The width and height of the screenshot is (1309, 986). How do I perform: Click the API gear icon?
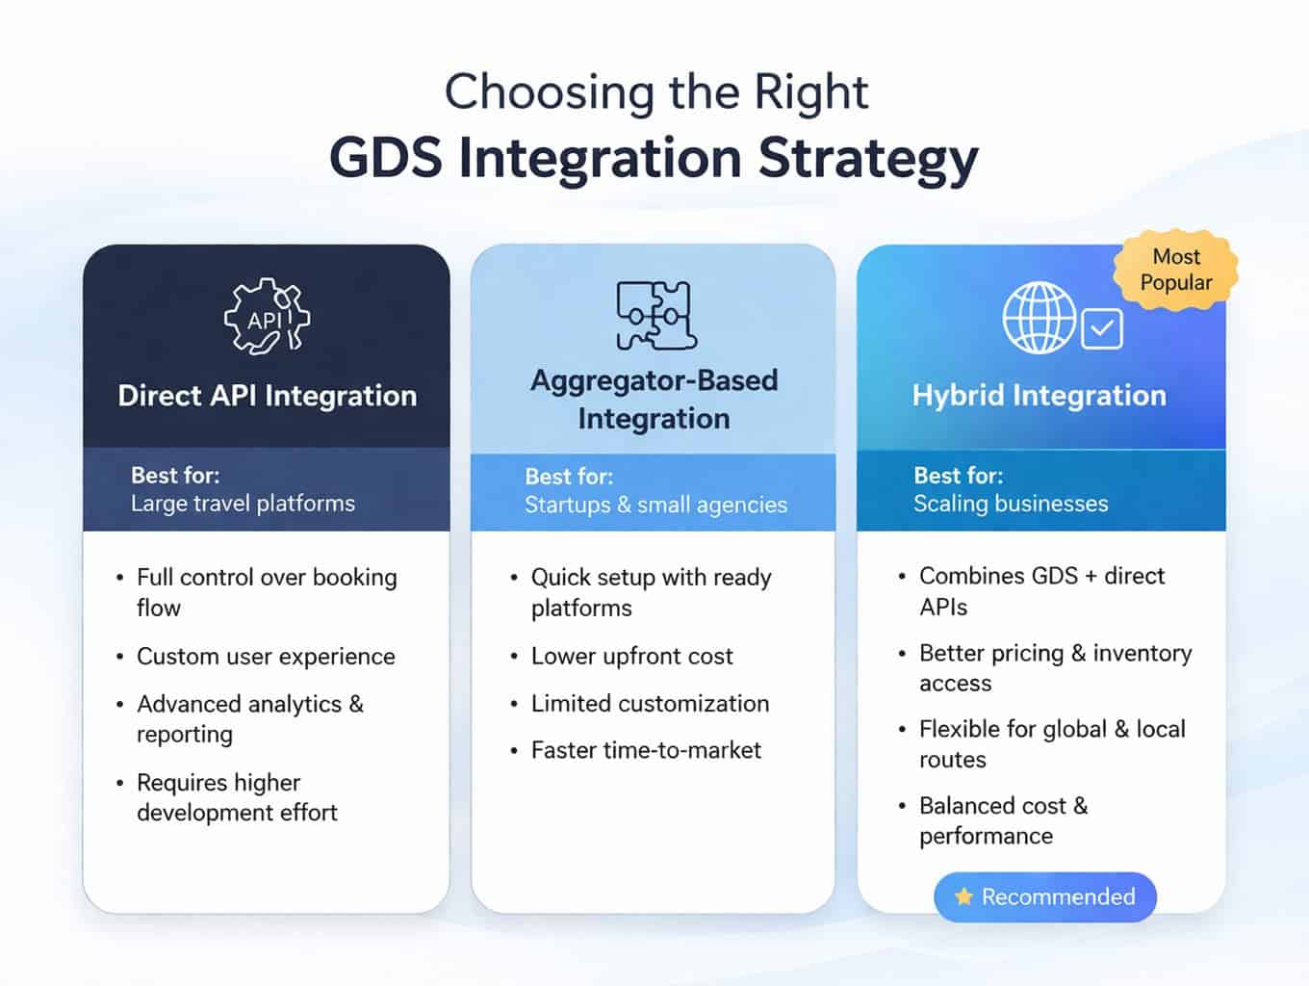pyautogui.click(x=267, y=318)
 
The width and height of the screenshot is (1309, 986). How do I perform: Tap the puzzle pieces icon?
pyautogui.click(x=655, y=315)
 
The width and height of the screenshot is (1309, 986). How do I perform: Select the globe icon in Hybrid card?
pyautogui.click(x=1039, y=318)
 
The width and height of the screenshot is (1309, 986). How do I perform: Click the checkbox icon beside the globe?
pyautogui.click(x=1102, y=329)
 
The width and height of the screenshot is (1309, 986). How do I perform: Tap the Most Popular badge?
pyautogui.click(x=1175, y=271)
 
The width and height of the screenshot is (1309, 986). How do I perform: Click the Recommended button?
pyautogui.click(x=1045, y=897)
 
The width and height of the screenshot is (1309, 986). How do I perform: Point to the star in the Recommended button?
pyautogui.click(x=963, y=897)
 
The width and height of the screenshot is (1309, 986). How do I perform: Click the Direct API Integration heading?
pyautogui.click(x=267, y=396)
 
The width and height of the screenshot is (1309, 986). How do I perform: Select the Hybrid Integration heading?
pyautogui.click(x=1039, y=396)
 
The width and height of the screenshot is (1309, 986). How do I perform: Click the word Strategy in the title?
pyautogui.click(x=868, y=159)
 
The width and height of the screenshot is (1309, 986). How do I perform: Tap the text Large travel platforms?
pyautogui.click(x=243, y=504)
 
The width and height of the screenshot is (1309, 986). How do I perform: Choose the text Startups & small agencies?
pyautogui.click(x=655, y=505)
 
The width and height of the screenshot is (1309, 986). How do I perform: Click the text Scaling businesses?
pyautogui.click(x=1011, y=504)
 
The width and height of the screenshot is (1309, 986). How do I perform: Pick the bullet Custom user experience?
pyautogui.click(x=266, y=657)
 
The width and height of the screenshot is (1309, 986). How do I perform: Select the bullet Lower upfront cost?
pyautogui.click(x=631, y=657)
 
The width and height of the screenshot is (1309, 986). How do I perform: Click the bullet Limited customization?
pyautogui.click(x=650, y=704)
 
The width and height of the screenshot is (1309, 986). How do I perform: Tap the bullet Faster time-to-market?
pyautogui.click(x=646, y=751)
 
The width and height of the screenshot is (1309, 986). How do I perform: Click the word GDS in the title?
pyautogui.click(x=386, y=159)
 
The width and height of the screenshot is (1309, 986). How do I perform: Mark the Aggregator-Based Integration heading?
pyautogui.click(x=654, y=400)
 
